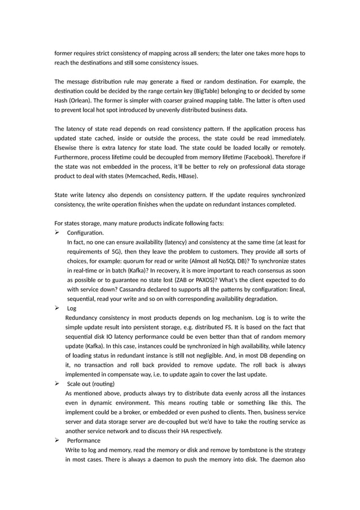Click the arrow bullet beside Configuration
pos(57,233)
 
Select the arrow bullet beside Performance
pos(57,440)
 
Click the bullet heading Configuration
pos(85,233)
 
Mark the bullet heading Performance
pos(84,440)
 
